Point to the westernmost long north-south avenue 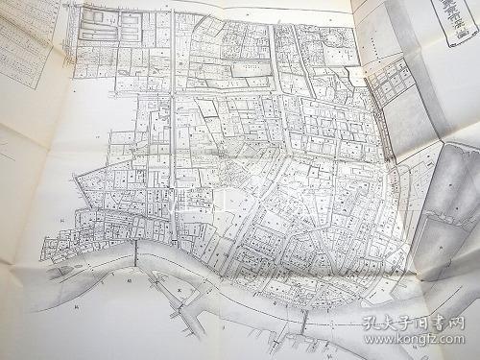pos(171,144)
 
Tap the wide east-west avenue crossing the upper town pos(259,95)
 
